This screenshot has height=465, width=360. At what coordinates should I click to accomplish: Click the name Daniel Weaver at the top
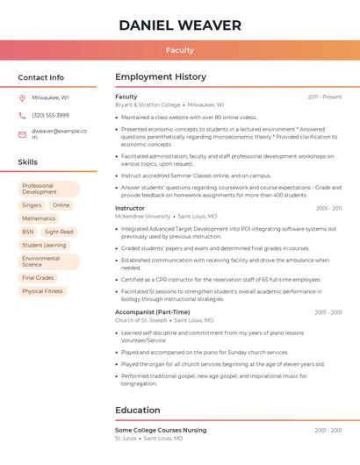click(179, 25)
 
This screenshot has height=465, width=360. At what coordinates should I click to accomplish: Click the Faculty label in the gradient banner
click(179, 51)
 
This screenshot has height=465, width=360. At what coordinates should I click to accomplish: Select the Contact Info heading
click(40, 77)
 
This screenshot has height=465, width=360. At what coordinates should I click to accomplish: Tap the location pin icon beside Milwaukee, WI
click(22, 97)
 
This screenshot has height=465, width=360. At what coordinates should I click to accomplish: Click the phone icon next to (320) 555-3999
click(22, 115)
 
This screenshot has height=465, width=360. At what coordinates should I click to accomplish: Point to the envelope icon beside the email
click(22, 134)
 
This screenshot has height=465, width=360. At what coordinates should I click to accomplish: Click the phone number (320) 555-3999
click(50, 115)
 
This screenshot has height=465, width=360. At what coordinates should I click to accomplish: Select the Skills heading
click(27, 162)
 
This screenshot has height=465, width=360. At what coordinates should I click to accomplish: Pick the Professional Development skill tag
click(48, 189)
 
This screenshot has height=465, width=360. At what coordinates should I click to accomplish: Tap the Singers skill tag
click(32, 205)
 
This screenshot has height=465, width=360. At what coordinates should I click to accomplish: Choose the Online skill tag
click(61, 205)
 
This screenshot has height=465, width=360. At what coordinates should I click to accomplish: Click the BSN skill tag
click(28, 232)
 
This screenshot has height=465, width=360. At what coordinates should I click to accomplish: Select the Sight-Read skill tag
click(59, 232)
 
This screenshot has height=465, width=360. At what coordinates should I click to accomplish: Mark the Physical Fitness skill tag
click(42, 291)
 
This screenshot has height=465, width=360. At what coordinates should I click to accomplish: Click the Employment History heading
click(161, 77)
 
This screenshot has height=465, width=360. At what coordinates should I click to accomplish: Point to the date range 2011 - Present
click(324, 97)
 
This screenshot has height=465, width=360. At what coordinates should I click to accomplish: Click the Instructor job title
click(130, 208)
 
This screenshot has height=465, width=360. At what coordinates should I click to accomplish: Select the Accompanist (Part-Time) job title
click(152, 312)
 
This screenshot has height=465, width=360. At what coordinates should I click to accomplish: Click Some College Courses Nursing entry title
click(161, 430)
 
